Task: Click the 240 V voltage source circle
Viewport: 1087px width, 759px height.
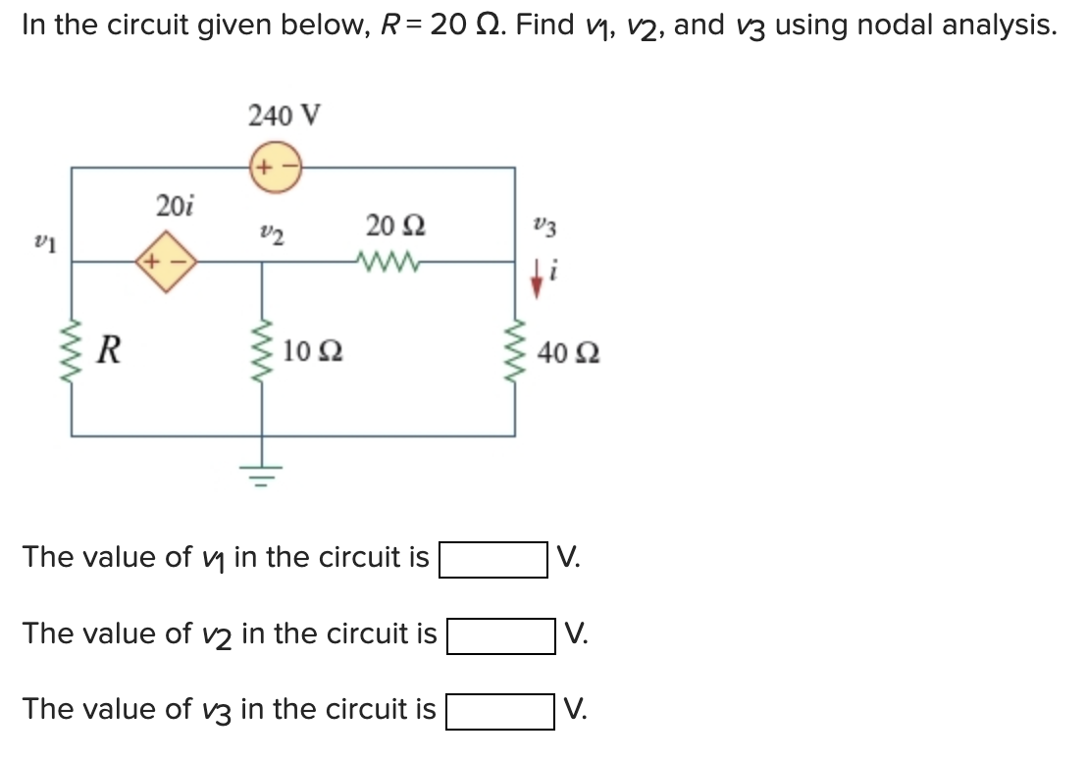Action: click(275, 167)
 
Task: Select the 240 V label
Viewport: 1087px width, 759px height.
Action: click(284, 116)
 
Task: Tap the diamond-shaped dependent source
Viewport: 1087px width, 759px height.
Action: click(166, 262)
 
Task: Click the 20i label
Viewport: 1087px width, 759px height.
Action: click(175, 206)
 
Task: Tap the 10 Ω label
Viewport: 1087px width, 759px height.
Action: click(312, 351)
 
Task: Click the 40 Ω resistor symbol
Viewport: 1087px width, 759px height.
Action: click(516, 352)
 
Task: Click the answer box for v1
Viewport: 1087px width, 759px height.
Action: click(492, 560)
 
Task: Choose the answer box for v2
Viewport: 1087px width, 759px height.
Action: click(500, 635)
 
